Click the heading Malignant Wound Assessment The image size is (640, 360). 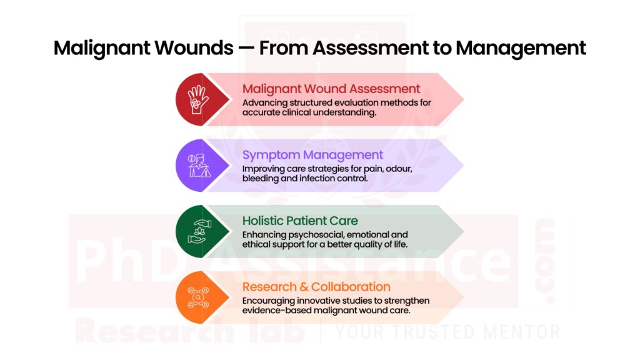point(331,89)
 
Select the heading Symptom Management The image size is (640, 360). point(312,155)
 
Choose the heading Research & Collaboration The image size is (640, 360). point(316,287)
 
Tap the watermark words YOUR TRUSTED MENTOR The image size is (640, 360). point(447,332)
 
